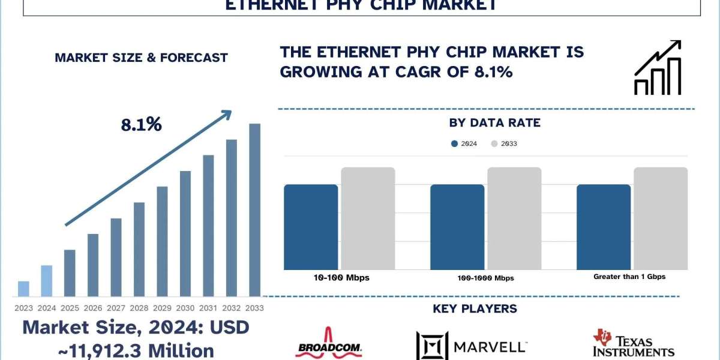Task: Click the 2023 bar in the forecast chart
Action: [x=23, y=289]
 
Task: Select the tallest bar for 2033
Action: [x=255, y=210]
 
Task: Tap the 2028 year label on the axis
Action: [x=139, y=307]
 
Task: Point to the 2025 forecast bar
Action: [x=70, y=273]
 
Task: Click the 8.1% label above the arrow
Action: [x=142, y=125]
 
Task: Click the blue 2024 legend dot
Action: [x=454, y=143]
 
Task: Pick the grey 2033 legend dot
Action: [x=494, y=143]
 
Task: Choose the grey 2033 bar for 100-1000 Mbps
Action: [x=514, y=218]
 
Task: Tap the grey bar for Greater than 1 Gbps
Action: [x=661, y=218]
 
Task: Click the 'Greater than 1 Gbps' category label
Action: [x=629, y=277]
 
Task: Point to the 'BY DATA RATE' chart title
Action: [x=495, y=123]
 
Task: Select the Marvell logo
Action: [x=472, y=346]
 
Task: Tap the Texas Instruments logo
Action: [x=633, y=344]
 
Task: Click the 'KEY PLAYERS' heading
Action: [x=475, y=309]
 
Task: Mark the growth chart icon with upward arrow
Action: [x=658, y=68]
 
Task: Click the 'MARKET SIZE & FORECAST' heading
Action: [x=141, y=58]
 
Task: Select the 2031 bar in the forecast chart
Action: [x=209, y=226]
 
